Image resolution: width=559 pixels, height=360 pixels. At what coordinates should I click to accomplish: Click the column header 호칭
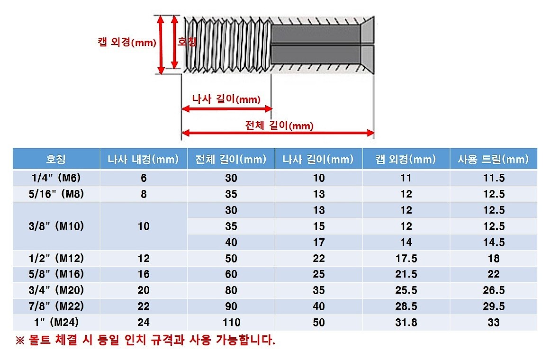(56, 159)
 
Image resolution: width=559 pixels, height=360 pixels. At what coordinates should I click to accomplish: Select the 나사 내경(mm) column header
(143, 159)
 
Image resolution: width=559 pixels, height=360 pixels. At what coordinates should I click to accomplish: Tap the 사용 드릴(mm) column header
(493, 159)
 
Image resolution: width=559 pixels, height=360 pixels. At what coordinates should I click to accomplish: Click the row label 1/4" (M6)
(56, 178)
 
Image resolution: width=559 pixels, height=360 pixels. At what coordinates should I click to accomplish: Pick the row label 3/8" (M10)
(56, 226)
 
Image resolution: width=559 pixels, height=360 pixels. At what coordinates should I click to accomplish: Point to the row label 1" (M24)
(56, 323)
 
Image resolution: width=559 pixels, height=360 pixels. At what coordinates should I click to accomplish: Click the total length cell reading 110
(231, 323)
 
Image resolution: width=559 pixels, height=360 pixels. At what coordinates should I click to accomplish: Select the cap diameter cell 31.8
(406, 323)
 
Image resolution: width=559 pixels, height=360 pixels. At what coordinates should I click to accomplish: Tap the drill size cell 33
(493, 323)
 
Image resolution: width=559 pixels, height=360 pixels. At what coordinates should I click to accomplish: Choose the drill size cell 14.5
(493, 243)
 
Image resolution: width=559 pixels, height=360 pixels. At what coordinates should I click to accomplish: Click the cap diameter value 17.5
(406, 259)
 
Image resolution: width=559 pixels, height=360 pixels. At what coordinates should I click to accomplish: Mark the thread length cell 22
(319, 259)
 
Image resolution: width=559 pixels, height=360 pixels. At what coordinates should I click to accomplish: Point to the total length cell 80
(231, 290)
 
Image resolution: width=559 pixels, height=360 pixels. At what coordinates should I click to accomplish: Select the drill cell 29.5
(493, 306)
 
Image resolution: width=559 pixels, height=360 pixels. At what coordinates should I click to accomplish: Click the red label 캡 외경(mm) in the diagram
(126, 42)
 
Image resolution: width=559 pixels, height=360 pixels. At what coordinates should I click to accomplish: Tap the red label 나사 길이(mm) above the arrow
(226, 99)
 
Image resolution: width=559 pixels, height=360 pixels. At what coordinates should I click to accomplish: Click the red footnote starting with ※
(145, 340)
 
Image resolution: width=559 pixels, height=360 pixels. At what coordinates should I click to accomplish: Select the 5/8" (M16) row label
(56, 274)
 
